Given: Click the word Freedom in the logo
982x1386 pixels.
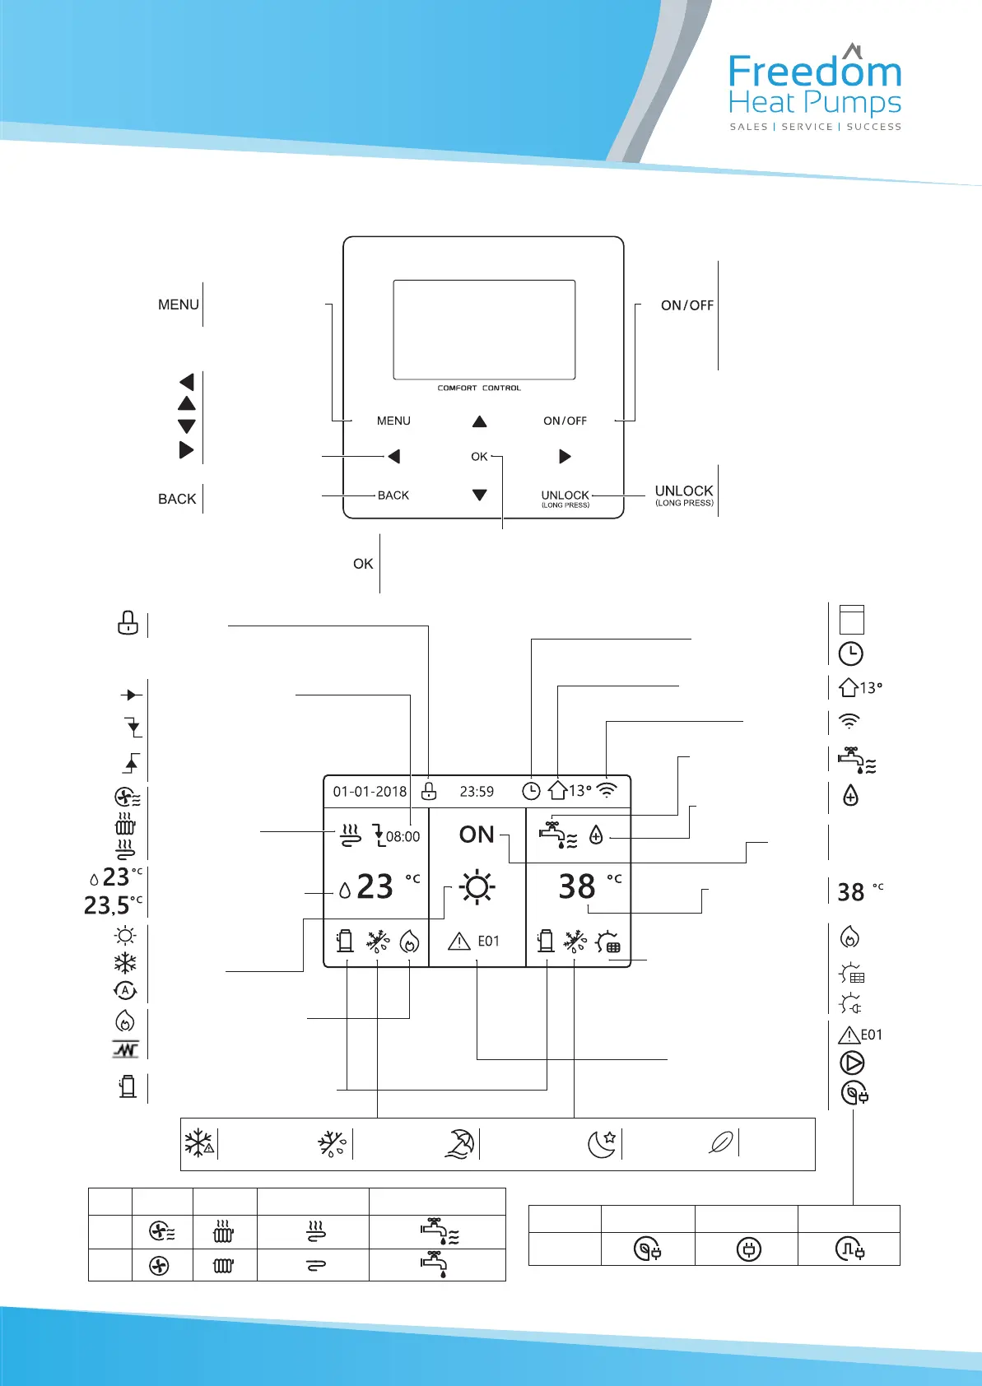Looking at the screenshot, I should pos(815,72).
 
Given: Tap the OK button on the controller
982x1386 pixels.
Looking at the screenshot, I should pos(479,457).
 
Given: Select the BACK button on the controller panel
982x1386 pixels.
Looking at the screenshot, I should pos(393,495).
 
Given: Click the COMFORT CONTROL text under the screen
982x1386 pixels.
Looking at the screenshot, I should pos(479,388).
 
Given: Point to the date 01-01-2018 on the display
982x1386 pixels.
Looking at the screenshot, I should pos(370,792).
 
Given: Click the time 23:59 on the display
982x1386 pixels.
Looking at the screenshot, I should pos(477,792).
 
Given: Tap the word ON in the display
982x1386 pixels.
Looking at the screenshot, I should pos(477,835).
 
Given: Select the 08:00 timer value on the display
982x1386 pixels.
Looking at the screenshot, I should pos(403,837).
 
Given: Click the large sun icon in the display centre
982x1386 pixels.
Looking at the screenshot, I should pos(477,888).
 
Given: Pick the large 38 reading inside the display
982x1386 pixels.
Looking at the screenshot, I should pos(577,887).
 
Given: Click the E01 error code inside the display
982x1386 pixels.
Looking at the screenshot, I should pos(488,942).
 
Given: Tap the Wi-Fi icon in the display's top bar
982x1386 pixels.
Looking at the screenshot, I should pos(607,791).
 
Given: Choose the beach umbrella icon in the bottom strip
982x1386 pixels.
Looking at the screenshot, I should pos(460,1144).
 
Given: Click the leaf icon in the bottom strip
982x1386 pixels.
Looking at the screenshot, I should pos(721,1143).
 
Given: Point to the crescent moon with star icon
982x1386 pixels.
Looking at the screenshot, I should pos(602,1144).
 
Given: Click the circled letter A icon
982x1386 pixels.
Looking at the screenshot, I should pos(125,991).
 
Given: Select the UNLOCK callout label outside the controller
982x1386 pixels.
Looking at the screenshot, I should pos(684,491).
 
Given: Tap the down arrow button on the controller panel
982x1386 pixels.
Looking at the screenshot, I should pos(480,495).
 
